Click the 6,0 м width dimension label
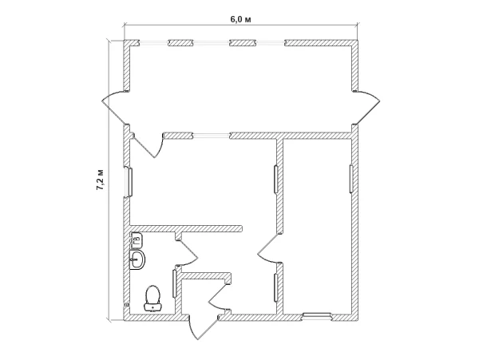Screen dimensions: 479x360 click(240, 19)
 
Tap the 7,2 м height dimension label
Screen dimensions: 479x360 click(101, 180)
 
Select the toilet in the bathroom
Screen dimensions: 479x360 click(152, 299)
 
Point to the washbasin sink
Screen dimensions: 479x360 click(137, 260)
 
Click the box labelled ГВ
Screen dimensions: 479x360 click(137, 239)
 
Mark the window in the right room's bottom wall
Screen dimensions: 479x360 click(316, 317)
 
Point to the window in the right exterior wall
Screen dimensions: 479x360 click(351, 179)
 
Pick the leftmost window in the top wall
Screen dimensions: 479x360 click(153, 43)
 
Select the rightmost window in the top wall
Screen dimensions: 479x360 click(270, 43)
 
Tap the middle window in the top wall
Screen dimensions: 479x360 click(211, 43)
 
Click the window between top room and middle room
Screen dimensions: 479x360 click(211, 136)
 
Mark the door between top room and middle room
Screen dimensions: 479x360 click(148, 144)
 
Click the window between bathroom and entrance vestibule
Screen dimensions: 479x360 click(175, 284)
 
